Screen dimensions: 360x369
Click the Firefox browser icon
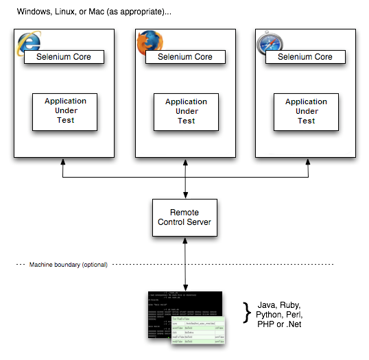(146, 43)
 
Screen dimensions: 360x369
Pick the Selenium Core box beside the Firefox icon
(185, 57)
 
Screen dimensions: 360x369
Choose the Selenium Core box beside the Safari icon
(305, 57)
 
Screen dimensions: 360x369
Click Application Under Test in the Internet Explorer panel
(66, 111)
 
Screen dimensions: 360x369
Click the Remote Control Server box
(184, 217)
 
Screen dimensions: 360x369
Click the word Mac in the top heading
(97, 13)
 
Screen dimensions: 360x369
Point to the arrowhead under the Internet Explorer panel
(64, 161)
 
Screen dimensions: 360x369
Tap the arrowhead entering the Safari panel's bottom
(307, 161)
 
